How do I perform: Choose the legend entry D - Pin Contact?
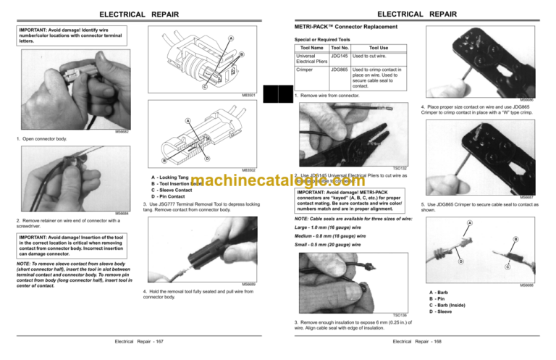click(x=169, y=197)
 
